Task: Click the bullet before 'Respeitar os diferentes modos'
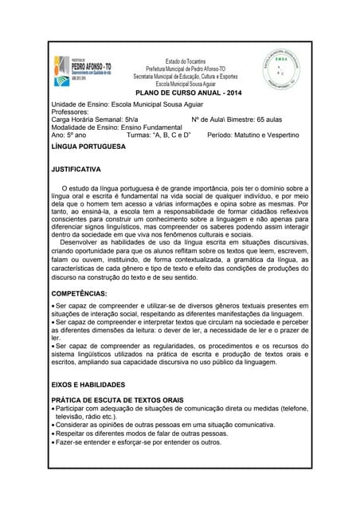[x=53, y=433]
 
